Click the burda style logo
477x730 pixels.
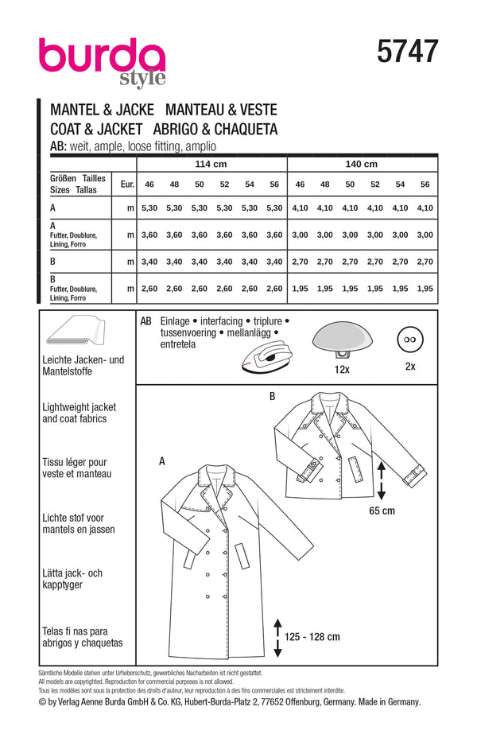click(x=102, y=60)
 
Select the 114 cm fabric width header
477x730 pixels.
click(x=211, y=165)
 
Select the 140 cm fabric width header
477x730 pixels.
click(x=361, y=165)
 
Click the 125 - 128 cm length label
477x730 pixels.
click(x=312, y=636)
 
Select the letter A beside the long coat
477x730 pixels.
click(x=163, y=460)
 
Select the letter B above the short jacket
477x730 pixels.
click(x=273, y=395)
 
